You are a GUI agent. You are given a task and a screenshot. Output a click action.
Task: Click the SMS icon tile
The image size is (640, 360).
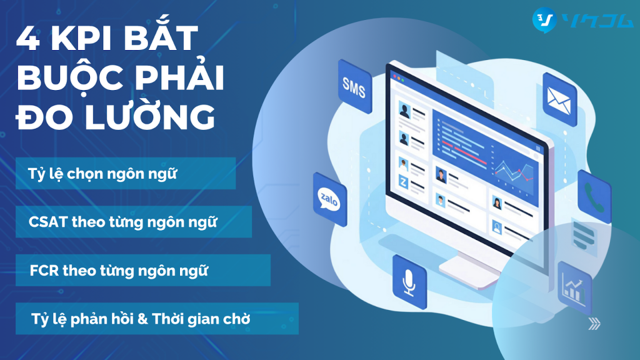(x=355, y=86)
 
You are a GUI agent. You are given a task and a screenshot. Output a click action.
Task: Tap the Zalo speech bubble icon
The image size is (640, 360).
(x=329, y=199)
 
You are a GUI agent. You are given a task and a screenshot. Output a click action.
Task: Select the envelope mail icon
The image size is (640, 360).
(x=559, y=100)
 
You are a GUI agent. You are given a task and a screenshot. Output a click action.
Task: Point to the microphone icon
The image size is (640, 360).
(x=409, y=282)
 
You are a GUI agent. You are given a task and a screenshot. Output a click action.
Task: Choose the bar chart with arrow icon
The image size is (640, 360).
(x=574, y=288)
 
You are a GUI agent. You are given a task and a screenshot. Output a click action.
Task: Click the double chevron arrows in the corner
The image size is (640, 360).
(x=594, y=324)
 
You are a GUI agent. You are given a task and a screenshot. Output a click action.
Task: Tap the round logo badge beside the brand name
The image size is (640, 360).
(x=544, y=20)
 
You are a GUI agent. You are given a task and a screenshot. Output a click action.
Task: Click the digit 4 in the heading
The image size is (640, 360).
(x=27, y=38)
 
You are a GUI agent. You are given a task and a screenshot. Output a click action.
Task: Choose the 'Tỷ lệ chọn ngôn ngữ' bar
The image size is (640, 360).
(x=126, y=173)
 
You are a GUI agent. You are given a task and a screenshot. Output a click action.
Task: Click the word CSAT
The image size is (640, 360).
(x=47, y=222)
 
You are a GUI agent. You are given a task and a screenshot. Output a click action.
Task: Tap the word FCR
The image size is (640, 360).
(x=44, y=270)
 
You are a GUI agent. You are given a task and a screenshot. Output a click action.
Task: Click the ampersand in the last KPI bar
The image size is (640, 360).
(x=142, y=318)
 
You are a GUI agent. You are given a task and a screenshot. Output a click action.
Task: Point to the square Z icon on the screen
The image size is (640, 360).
(x=403, y=182)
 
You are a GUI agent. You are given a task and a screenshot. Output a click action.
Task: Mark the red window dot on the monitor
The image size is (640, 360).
(x=395, y=76)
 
